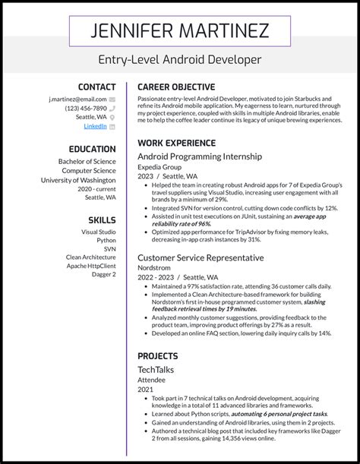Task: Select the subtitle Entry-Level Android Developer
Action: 179,58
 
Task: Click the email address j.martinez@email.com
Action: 77,99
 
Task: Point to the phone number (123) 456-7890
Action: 86,107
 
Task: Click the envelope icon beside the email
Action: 112,99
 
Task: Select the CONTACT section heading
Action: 96,87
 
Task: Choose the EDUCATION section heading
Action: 92,148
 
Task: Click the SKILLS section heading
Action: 102,219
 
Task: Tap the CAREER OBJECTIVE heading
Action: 176,87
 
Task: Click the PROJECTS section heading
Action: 158,355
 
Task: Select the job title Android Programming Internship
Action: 200,156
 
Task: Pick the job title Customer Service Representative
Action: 201,257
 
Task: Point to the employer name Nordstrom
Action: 154,268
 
